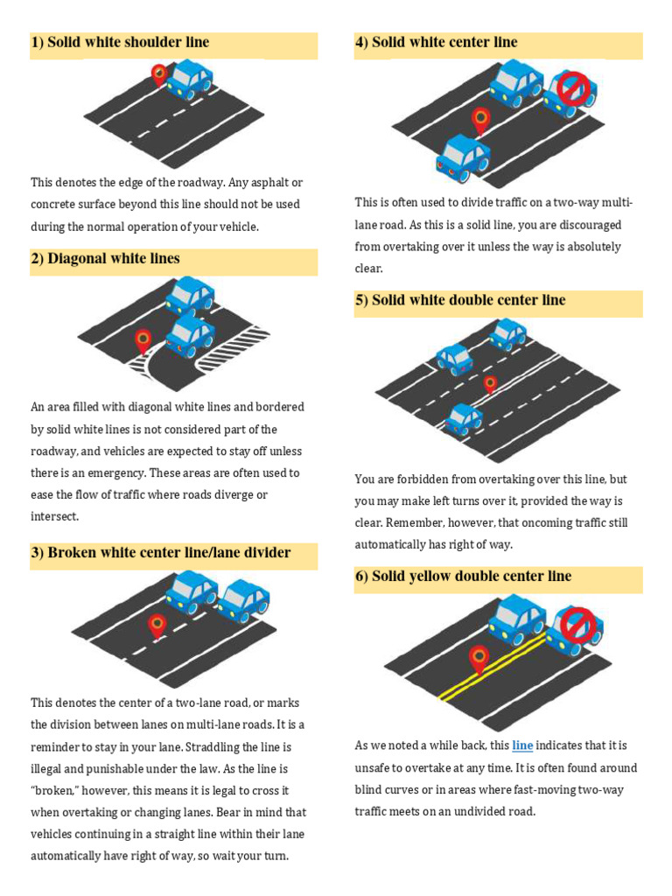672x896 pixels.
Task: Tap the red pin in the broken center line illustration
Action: tap(157, 625)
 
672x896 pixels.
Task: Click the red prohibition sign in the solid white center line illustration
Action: tap(574, 88)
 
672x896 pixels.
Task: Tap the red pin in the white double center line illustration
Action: tap(490, 383)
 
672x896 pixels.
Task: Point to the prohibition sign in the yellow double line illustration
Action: tap(577, 625)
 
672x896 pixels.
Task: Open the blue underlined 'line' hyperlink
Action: tap(522, 746)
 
